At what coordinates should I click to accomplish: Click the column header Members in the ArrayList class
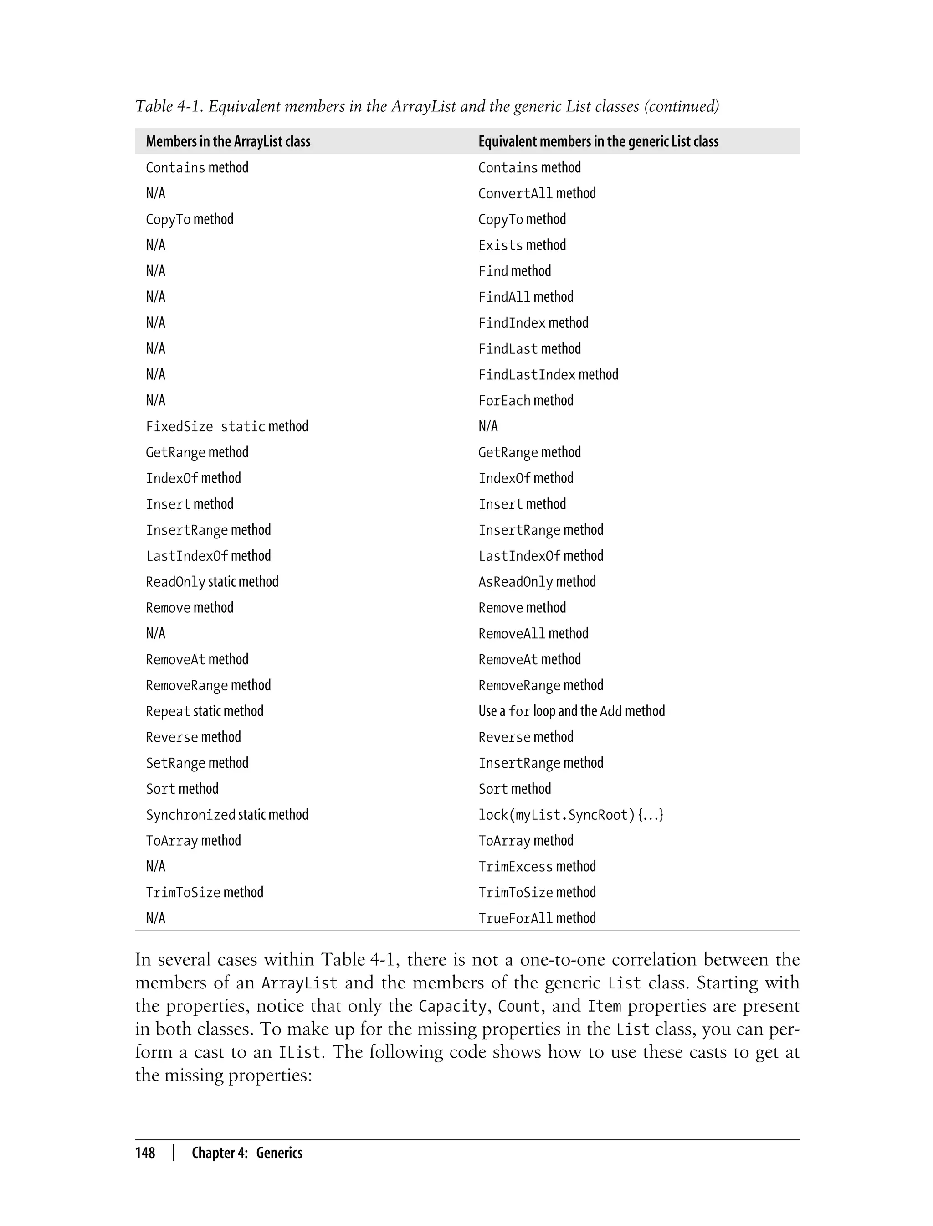[228, 142]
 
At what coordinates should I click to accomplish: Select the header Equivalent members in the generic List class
[598, 142]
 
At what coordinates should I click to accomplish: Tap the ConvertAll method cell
[537, 193]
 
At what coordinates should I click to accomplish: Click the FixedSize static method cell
[226, 426]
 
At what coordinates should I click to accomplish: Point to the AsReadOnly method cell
[537, 582]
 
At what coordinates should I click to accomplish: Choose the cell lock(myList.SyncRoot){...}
[570, 815]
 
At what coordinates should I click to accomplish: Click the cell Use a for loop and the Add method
[571, 711]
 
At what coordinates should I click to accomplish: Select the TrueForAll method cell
[537, 918]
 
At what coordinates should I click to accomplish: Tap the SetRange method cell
[197, 763]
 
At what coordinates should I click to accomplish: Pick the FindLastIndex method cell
[548, 375]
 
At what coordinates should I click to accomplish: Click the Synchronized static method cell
[226, 815]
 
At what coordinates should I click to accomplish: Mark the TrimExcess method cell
[537, 866]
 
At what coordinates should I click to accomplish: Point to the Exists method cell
[522, 245]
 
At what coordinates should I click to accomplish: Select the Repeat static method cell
[205, 711]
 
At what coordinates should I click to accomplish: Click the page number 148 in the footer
[145, 1153]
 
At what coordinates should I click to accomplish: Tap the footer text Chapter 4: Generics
[246, 1153]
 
